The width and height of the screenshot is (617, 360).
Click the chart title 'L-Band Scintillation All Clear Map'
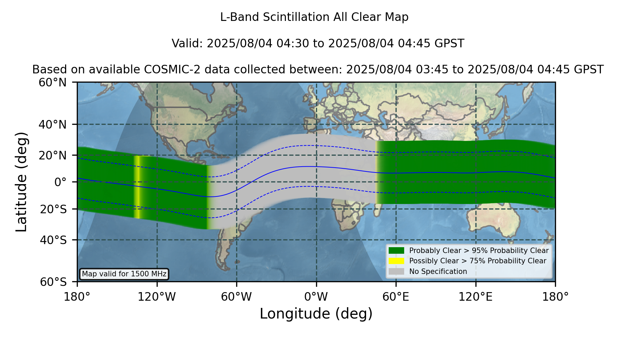click(314, 17)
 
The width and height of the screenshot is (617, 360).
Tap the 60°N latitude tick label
click(52, 83)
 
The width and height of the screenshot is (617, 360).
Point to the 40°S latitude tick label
click(53, 240)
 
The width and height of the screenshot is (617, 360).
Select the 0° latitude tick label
click(60, 182)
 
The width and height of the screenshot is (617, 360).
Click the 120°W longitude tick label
click(157, 297)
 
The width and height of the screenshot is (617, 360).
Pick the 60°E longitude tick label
click(396, 297)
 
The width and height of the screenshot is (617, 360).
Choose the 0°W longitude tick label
click(316, 297)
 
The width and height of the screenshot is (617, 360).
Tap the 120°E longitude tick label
click(475, 297)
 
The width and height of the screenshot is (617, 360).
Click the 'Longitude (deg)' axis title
click(316, 314)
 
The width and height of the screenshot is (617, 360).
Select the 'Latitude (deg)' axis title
click(21, 182)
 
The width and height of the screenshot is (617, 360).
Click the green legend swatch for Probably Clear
click(396, 250)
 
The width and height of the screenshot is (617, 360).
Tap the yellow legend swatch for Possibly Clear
click(396, 261)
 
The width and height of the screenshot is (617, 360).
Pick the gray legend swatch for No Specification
click(396, 272)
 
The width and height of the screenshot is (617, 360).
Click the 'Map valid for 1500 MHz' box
click(124, 274)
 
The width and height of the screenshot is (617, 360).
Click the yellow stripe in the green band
click(137, 187)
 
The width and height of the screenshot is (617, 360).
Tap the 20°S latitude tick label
click(53, 209)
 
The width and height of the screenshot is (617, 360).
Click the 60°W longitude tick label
click(237, 297)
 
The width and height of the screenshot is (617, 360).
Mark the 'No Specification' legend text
click(438, 272)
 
